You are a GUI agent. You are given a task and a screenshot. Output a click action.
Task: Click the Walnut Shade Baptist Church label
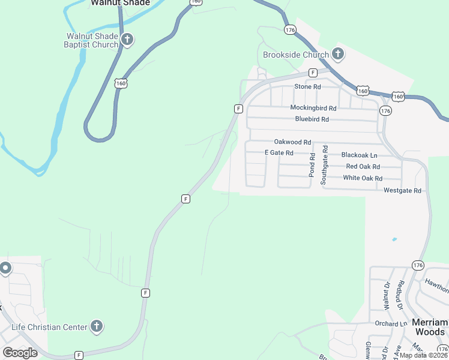[x=92, y=40]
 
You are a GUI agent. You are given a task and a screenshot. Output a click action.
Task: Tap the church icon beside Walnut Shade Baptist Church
[x=127, y=40]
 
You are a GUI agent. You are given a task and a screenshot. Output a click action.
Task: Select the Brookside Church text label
[x=296, y=55]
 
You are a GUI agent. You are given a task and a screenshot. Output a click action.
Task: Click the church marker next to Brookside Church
[x=338, y=55]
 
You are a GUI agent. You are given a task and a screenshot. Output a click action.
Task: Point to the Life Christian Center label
[x=50, y=327]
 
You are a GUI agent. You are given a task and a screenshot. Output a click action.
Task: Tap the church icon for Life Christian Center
[x=97, y=327]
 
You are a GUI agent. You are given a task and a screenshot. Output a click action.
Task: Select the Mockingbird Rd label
[x=313, y=108]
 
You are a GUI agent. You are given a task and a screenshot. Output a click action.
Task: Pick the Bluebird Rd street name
[x=312, y=119]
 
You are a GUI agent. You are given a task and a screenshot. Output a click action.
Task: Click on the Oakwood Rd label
[x=292, y=142]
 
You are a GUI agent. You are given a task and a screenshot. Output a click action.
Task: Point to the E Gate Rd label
[x=279, y=153]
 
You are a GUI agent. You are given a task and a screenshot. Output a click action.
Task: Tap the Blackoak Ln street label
[x=358, y=155]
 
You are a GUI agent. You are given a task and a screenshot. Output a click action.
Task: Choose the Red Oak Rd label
[x=363, y=167]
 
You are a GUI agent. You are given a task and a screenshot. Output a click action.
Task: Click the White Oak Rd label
[x=363, y=178]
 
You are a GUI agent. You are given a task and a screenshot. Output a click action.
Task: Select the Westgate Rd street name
[x=403, y=190]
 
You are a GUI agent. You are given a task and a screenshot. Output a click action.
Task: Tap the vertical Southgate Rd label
[x=325, y=164]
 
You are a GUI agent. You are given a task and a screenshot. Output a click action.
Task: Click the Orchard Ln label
[x=391, y=324]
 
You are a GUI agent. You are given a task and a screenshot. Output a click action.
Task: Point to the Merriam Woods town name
[x=429, y=327]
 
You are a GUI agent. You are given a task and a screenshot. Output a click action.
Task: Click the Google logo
[x=20, y=353]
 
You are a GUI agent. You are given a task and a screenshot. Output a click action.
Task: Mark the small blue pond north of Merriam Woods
[x=394, y=239]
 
